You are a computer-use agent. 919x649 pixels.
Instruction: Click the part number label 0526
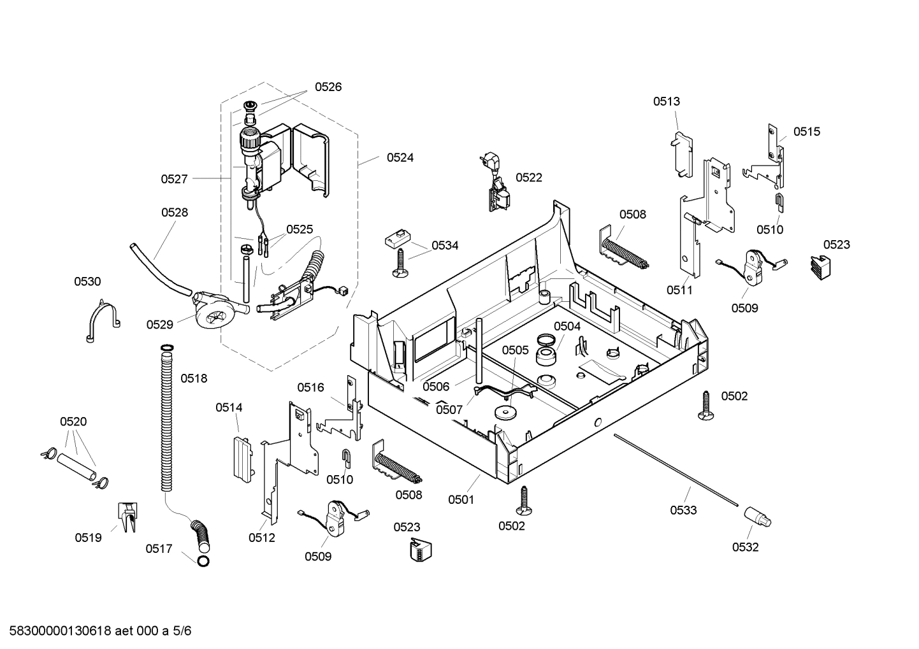(328, 87)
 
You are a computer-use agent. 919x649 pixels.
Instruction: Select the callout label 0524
(400, 157)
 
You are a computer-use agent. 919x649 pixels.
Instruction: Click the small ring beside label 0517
(203, 561)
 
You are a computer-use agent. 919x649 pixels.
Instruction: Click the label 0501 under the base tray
(461, 500)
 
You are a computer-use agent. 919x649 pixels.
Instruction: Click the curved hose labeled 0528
(156, 267)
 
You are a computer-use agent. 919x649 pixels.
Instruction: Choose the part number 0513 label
(666, 101)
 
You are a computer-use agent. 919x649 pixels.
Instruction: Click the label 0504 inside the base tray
(567, 326)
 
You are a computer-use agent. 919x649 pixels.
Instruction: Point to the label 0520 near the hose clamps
(73, 422)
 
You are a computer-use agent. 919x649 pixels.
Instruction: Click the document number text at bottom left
(97, 631)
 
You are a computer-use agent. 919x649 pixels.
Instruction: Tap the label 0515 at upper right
(806, 132)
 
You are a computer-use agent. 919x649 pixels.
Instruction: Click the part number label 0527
(174, 180)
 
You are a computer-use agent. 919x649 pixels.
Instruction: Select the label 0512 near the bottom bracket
(261, 538)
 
